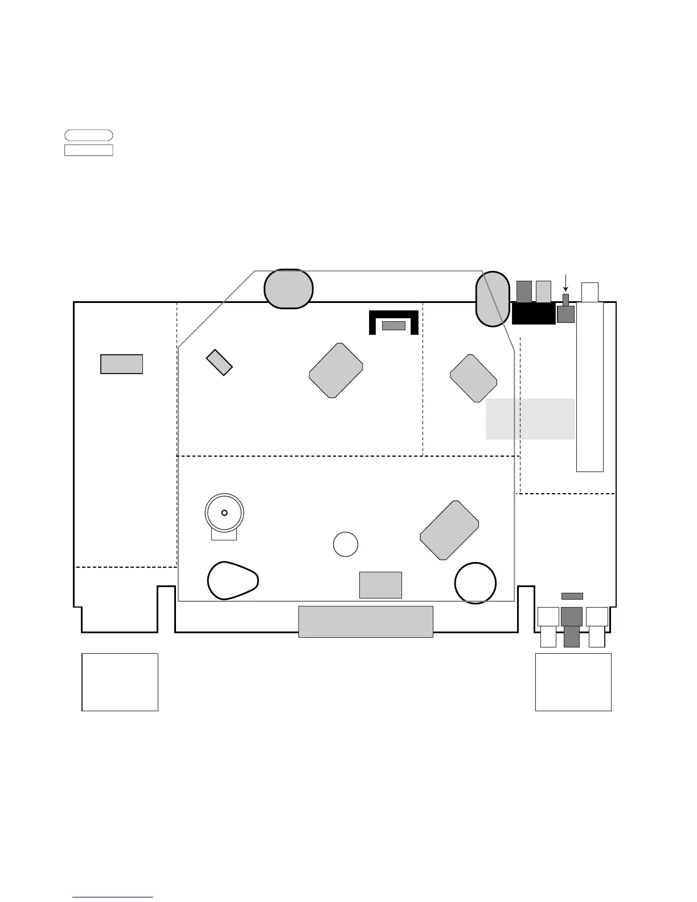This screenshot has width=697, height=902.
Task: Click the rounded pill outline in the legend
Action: [x=88, y=135]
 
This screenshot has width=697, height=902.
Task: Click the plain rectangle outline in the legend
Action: [x=88, y=150]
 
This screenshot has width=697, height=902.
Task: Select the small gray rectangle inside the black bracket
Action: [x=393, y=326]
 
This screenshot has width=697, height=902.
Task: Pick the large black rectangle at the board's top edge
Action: [x=534, y=314]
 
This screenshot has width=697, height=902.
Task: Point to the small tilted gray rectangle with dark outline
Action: [x=219, y=363]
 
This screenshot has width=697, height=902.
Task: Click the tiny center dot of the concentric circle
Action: [x=224, y=512]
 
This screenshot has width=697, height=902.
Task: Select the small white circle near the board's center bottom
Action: [x=345, y=544]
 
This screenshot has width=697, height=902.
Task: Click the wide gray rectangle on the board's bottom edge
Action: [x=366, y=621]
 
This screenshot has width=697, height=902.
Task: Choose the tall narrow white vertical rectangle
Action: [x=589, y=387]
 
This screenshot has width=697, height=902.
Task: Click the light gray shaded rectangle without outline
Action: [x=530, y=419]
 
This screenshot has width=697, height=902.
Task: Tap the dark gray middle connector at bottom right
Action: [x=571, y=626]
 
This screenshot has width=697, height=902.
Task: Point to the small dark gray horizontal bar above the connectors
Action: [x=572, y=596]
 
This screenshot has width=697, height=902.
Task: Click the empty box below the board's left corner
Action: [x=120, y=682]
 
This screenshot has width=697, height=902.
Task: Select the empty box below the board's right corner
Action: [x=573, y=682]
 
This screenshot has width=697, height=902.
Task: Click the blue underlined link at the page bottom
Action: [x=113, y=897]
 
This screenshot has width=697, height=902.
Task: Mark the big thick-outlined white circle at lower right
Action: [x=475, y=583]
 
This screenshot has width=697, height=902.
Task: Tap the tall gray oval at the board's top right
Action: [x=492, y=299]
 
